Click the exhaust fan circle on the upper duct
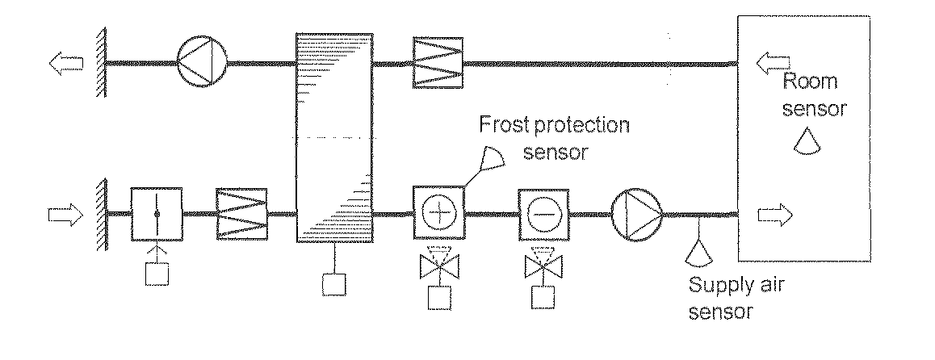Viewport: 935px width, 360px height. click(x=202, y=62)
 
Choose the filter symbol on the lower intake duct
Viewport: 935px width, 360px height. click(x=242, y=215)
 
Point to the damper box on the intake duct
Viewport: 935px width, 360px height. click(x=157, y=214)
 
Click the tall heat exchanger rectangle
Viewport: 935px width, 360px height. click(x=334, y=138)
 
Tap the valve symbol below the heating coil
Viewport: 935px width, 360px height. click(x=438, y=263)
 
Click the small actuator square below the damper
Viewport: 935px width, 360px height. click(x=157, y=274)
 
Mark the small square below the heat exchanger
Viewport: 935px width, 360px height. click(x=333, y=284)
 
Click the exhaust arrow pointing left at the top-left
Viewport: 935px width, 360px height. click(x=63, y=62)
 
